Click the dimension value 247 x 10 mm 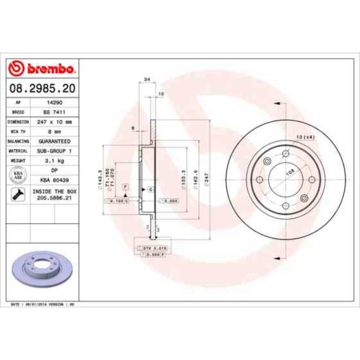54,121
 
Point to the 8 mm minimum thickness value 54,131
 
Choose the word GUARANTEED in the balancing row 54,141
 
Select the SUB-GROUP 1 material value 54,151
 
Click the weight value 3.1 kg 54,161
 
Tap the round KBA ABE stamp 18,175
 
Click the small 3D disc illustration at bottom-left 42,268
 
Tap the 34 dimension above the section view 147,80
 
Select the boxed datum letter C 151,189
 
